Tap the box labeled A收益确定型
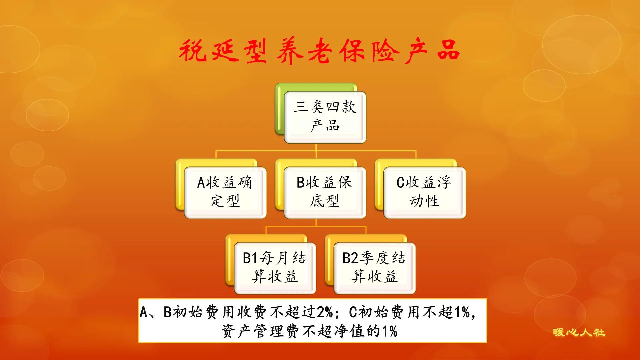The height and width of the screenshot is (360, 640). [x=225, y=192]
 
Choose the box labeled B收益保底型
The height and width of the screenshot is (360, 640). [x=325, y=192]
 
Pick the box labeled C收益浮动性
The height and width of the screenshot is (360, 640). [x=424, y=192]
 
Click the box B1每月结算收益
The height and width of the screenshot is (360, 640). [x=275, y=268]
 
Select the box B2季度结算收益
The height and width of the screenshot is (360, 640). [x=374, y=268]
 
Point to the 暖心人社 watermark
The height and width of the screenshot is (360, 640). [x=579, y=332]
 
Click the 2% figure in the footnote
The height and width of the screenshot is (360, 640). [x=325, y=312]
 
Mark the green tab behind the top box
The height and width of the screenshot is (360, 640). [x=279, y=110]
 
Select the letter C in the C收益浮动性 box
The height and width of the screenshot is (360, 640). [x=400, y=183]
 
